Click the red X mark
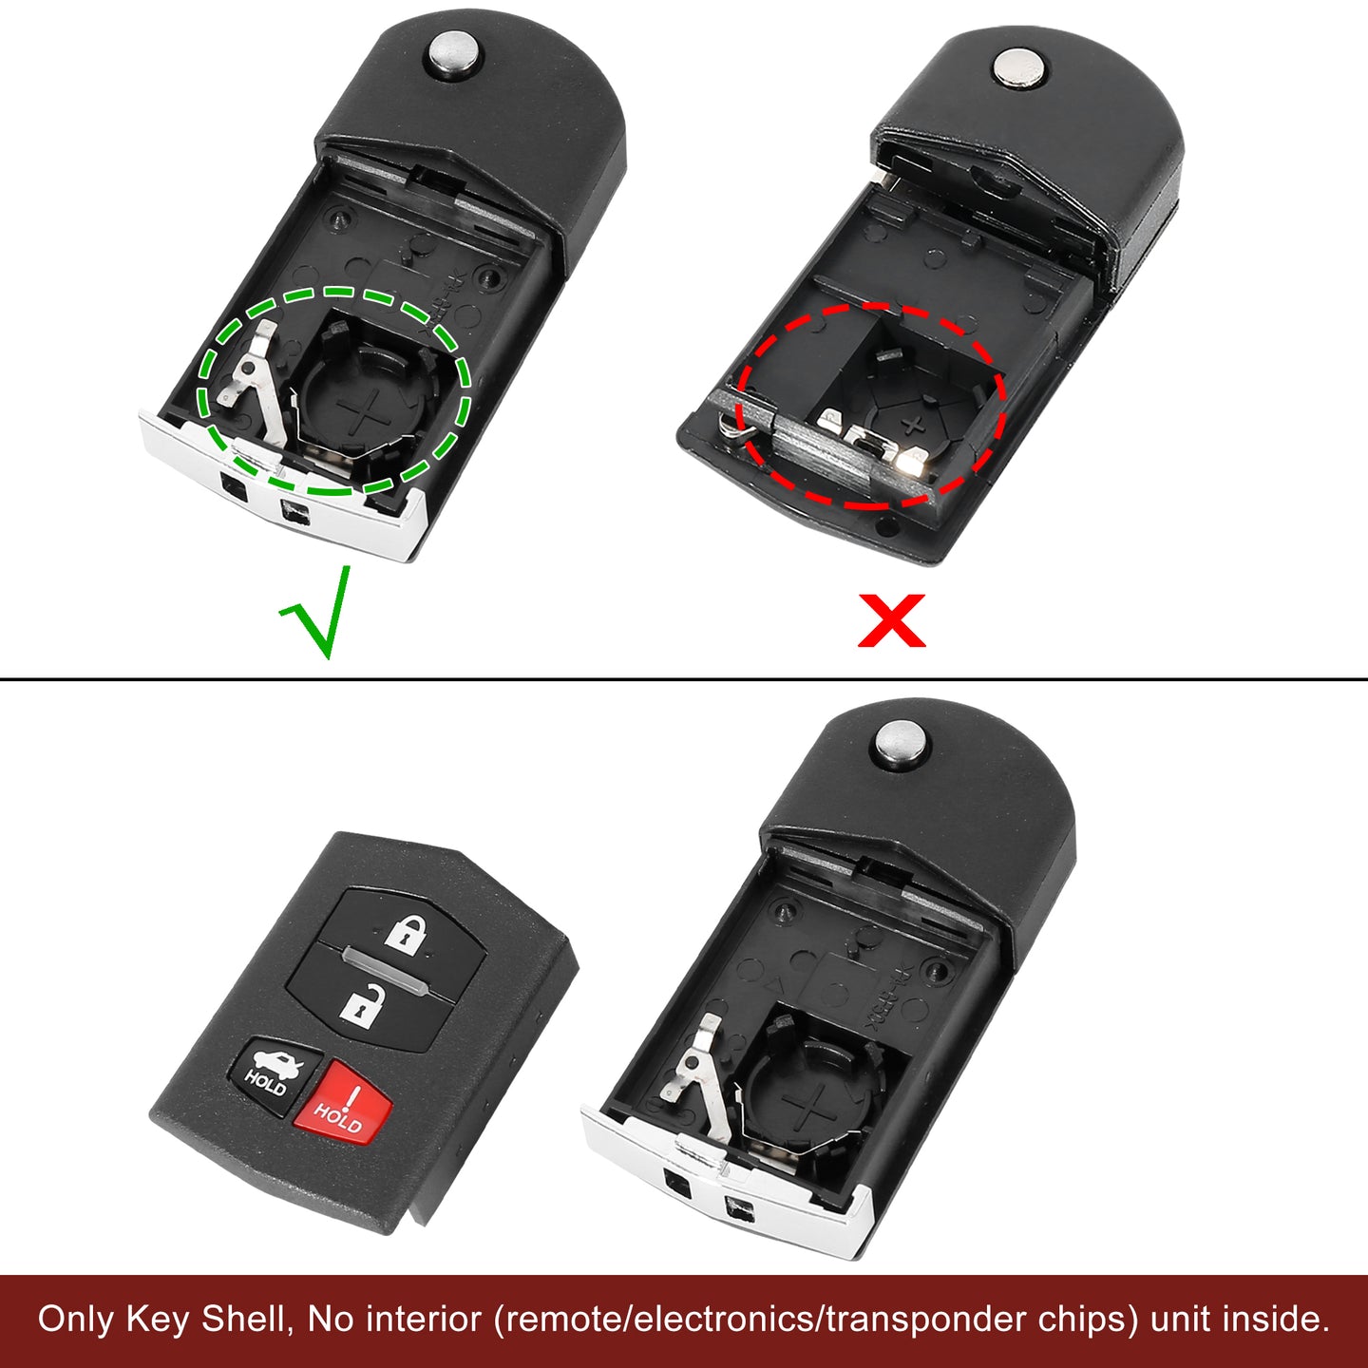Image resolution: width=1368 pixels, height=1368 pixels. [892, 620]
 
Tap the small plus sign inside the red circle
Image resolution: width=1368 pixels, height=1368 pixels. [914, 426]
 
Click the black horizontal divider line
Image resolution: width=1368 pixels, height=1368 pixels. [684, 679]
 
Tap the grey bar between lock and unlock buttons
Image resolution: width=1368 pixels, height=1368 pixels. [384, 972]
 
